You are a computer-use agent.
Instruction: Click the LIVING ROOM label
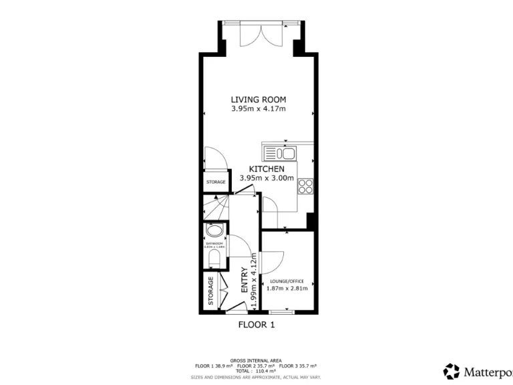258,100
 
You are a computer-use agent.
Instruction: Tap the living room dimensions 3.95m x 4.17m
258,109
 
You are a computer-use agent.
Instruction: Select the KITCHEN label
267,169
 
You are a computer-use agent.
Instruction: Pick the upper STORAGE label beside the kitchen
215,182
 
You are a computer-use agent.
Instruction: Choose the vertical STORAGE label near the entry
210,291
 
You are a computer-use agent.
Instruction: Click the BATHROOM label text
214,244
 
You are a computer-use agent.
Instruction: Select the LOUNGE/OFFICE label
287,281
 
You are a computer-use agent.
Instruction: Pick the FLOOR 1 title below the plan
256,325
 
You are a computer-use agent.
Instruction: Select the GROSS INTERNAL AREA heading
256,360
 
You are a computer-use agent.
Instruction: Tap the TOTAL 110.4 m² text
256,370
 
